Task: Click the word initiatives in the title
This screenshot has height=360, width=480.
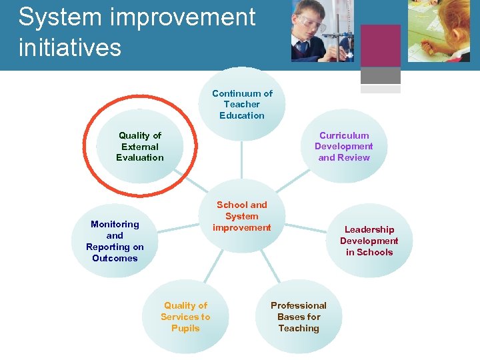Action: pyautogui.click(x=70, y=47)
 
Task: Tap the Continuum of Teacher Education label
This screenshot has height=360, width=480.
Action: pyautogui.click(x=242, y=105)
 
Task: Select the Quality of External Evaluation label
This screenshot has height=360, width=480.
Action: pyautogui.click(x=140, y=147)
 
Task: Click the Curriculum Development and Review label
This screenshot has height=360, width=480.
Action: pyautogui.click(x=344, y=147)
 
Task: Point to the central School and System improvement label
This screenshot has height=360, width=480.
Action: pyautogui.click(x=242, y=216)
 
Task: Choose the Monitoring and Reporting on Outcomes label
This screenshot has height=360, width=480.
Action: pyautogui.click(x=115, y=241)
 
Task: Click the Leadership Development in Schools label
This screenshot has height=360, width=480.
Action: pyautogui.click(x=369, y=241)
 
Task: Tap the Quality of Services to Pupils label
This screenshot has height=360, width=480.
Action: pyautogui.click(x=185, y=317)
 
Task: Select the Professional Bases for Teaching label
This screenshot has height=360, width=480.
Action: pyautogui.click(x=299, y=317)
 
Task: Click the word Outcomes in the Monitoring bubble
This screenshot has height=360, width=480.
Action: pyautogui.click(x=115, y=259)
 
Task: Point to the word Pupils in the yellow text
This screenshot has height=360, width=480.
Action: pyautogui.click(x=185, y=328)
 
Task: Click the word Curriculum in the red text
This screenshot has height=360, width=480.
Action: pyautogui.click(x=344, y=135)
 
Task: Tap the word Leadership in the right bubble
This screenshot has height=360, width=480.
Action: pyautogui.click(x=369, y=229)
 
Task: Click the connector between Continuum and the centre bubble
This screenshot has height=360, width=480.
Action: pyautogui.click(x=242, y=160)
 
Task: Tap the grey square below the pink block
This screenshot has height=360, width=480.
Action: pyautogui.click(x=380, y=75)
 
